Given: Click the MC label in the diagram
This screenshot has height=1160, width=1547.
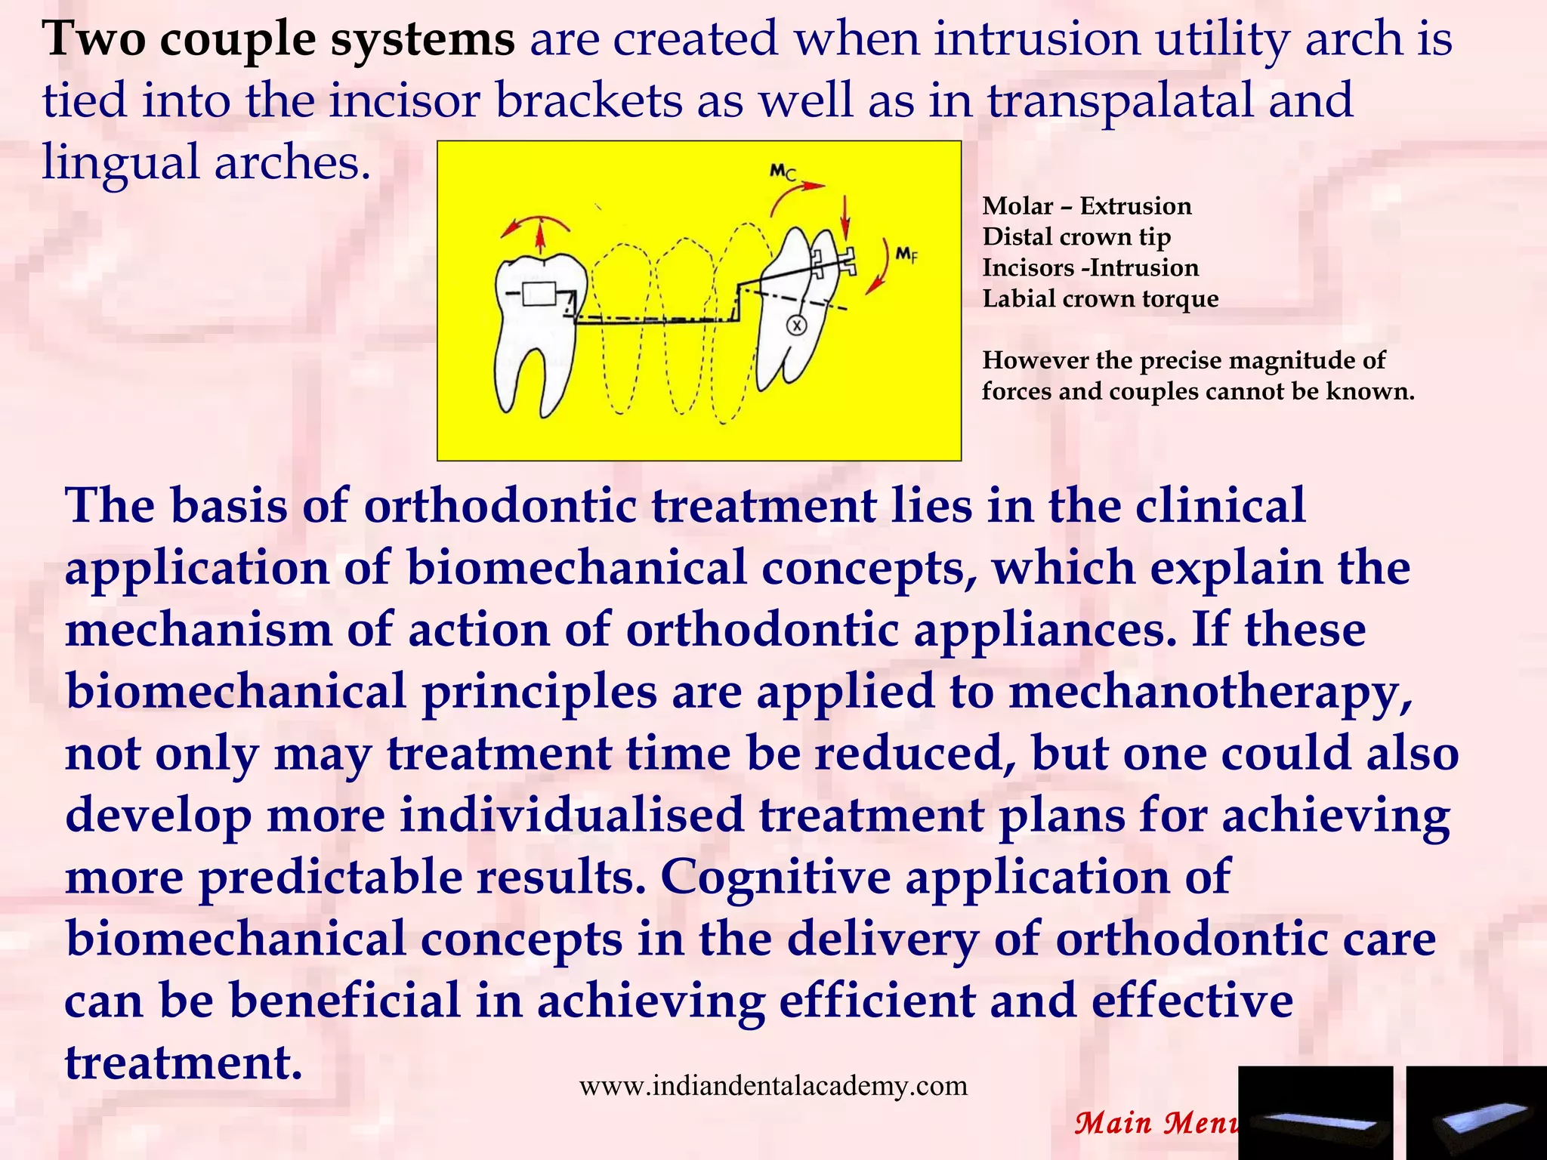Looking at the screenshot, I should [x=783, y=172].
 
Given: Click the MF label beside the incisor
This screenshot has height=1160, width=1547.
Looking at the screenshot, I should [x=906, y=255].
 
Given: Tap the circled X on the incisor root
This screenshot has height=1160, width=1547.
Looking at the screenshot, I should [x=796, y=325].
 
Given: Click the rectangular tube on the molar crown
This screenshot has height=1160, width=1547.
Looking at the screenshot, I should [x=539, y=294].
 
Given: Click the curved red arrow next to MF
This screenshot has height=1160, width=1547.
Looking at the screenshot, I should [x=879, y=269].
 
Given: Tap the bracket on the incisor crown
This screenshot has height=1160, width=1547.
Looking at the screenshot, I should [x=835, y=261].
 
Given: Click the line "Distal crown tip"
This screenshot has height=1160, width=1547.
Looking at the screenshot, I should [x=1076, y=237].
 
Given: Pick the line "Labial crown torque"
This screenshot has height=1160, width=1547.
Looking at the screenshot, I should [x=1100, y=299].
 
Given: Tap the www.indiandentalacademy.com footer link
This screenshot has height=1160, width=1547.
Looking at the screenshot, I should [x=773, y=1086].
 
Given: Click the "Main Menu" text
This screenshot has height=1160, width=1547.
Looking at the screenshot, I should [x=1156, y=1123].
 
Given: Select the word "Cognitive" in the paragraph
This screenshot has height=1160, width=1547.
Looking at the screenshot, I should [x=775, y=878].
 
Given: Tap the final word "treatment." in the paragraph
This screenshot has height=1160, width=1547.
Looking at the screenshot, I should [x=184, y=1063].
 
